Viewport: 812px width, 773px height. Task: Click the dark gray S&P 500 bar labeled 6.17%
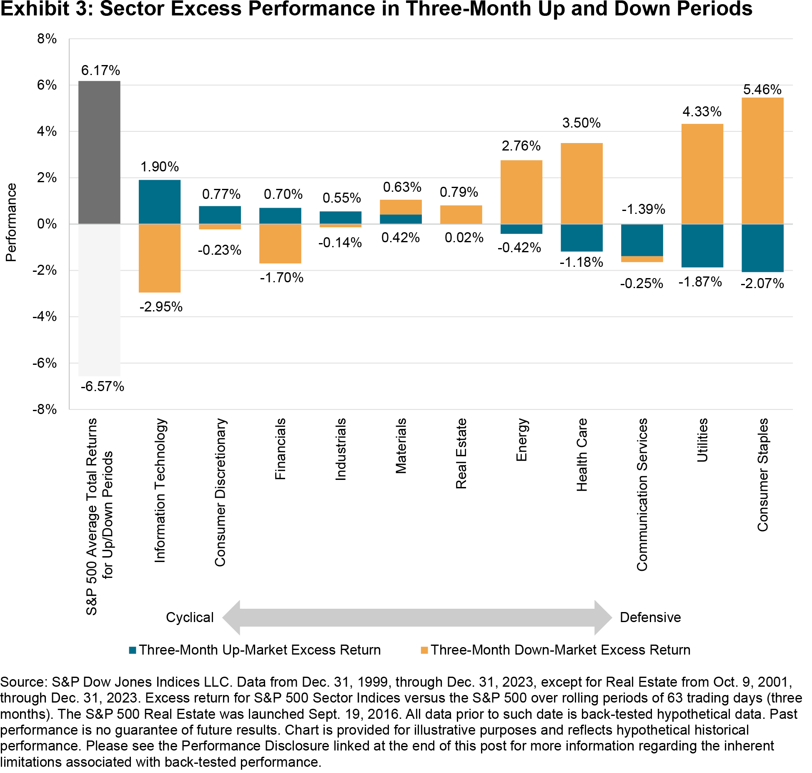point(99,152)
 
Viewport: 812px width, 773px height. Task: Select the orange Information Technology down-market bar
point(159,258)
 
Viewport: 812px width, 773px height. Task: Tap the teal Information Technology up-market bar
point(159,202)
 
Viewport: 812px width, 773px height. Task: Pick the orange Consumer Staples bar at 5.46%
point(762,161)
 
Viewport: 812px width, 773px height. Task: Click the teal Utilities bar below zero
point(702,246)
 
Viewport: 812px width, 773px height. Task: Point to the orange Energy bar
point(521,192)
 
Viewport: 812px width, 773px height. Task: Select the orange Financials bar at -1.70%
point(280,243)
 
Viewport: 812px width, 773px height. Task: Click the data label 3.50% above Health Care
point(581,123)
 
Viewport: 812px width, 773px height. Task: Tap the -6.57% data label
point(103,386)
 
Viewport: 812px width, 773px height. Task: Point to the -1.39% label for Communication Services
point(643,209)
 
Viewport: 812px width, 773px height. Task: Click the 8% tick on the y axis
point(47,39)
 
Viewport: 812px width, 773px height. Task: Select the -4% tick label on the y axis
point(45,316)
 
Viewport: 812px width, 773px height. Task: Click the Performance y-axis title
point(11,222)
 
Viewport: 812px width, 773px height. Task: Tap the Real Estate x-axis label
point(461,453)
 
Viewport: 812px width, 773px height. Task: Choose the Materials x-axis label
point(401,446)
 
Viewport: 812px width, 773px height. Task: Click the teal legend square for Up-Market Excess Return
point(133,650)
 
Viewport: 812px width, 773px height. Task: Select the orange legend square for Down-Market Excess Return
point(424,650)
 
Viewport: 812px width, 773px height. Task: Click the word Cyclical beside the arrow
point(190,617)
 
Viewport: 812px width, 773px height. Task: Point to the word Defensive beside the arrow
point(650,617)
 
